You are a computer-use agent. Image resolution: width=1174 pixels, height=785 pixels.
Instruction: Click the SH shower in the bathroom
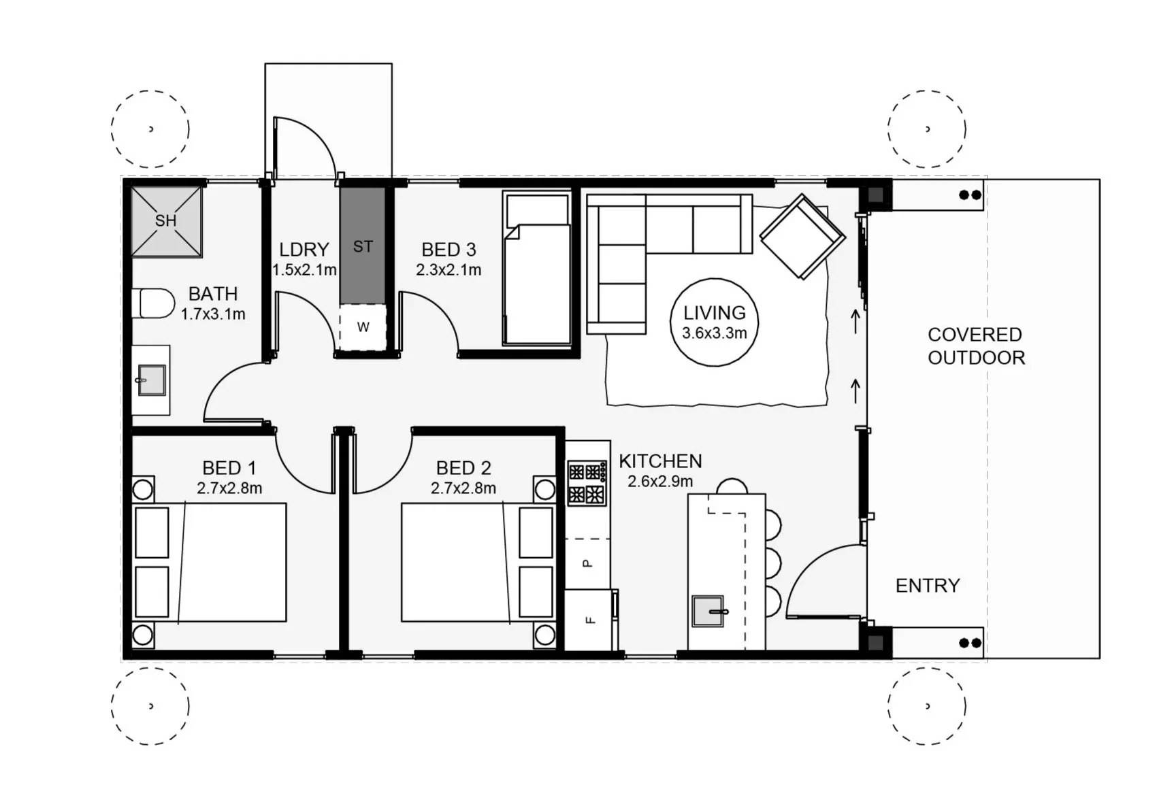[166, 221]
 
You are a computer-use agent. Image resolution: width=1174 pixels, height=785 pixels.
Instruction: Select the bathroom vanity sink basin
[151, 380]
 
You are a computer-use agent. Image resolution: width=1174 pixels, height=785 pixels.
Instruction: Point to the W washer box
[363, 327]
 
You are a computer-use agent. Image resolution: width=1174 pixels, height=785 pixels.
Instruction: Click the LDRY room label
[304, 250]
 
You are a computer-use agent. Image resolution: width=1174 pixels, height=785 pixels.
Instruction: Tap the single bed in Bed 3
[537, 269]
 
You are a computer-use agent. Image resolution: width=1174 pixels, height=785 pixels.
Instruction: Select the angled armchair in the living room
[802, 237]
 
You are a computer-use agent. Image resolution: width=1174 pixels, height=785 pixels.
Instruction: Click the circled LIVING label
[715, 322]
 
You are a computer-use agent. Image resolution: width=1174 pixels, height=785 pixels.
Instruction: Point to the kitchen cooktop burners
[587, 482]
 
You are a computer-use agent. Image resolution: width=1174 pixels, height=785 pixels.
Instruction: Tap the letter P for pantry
[588, 563]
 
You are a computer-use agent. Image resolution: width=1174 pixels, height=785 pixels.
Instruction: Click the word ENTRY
[928, 586]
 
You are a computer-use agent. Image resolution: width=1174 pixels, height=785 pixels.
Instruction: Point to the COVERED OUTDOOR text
[976, 346]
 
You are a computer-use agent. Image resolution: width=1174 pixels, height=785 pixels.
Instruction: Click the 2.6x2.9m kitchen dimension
[660, 482]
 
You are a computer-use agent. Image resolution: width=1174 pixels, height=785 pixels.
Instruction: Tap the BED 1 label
[229, 468]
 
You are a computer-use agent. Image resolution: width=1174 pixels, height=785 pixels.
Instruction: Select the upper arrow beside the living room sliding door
[855, 322]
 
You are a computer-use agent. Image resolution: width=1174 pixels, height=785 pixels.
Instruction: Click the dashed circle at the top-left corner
[150, 129]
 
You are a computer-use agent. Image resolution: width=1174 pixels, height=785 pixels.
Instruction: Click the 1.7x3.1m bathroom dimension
[213, 314]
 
